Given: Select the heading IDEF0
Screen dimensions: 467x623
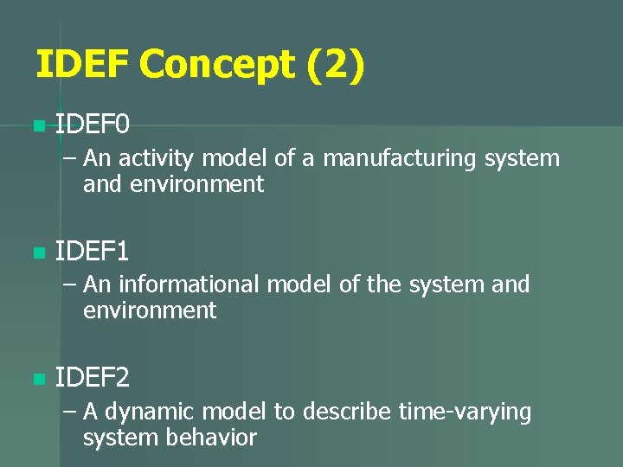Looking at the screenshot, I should point(93,127).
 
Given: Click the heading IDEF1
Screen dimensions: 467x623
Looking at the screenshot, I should point(93,253).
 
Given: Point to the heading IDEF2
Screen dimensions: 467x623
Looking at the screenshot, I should point(93,378).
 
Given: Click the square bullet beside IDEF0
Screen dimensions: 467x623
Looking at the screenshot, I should point(36,128).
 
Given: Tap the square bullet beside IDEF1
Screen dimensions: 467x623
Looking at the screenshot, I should point(36,253).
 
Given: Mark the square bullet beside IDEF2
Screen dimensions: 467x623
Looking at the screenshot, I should point(36,379).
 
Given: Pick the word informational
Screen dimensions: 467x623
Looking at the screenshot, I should point(189,285).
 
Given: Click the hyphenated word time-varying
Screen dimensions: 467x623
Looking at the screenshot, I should point(465,412).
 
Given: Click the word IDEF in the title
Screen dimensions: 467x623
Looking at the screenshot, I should point(81,66).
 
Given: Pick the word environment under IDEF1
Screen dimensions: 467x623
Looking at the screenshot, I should point(150,310).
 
